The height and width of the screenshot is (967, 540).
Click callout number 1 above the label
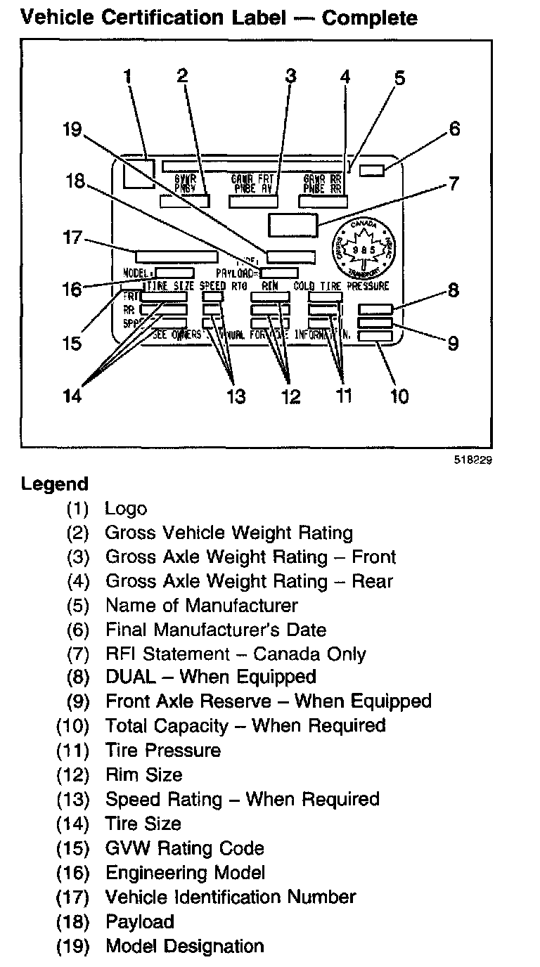pyautogui.click(x=128, y=77)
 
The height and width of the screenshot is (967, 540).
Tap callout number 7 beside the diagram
pyautogui.click(x=454, y=184)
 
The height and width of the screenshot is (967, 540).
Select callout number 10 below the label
pyautogui.click(x=399, y=396)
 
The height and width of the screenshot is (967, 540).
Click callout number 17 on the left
pyautogui.click(x=72, y=238)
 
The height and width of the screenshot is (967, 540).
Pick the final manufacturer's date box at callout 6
pyautogui.click(x=372, y=170)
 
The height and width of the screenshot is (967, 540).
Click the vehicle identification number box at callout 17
pyautogui.click(x=176, y=257)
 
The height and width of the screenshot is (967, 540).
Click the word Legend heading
pyautogui.click(x=55, y=483)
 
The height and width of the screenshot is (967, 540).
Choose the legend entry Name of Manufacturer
pyautogui.click(x=201, y=605)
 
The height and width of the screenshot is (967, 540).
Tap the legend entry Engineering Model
pyautogui.click(x=185, y=873)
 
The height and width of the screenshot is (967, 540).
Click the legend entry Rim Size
pyautogui.click(x=143, y=774)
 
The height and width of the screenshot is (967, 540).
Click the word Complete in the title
pyautogui.click(x=369, y=18)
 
